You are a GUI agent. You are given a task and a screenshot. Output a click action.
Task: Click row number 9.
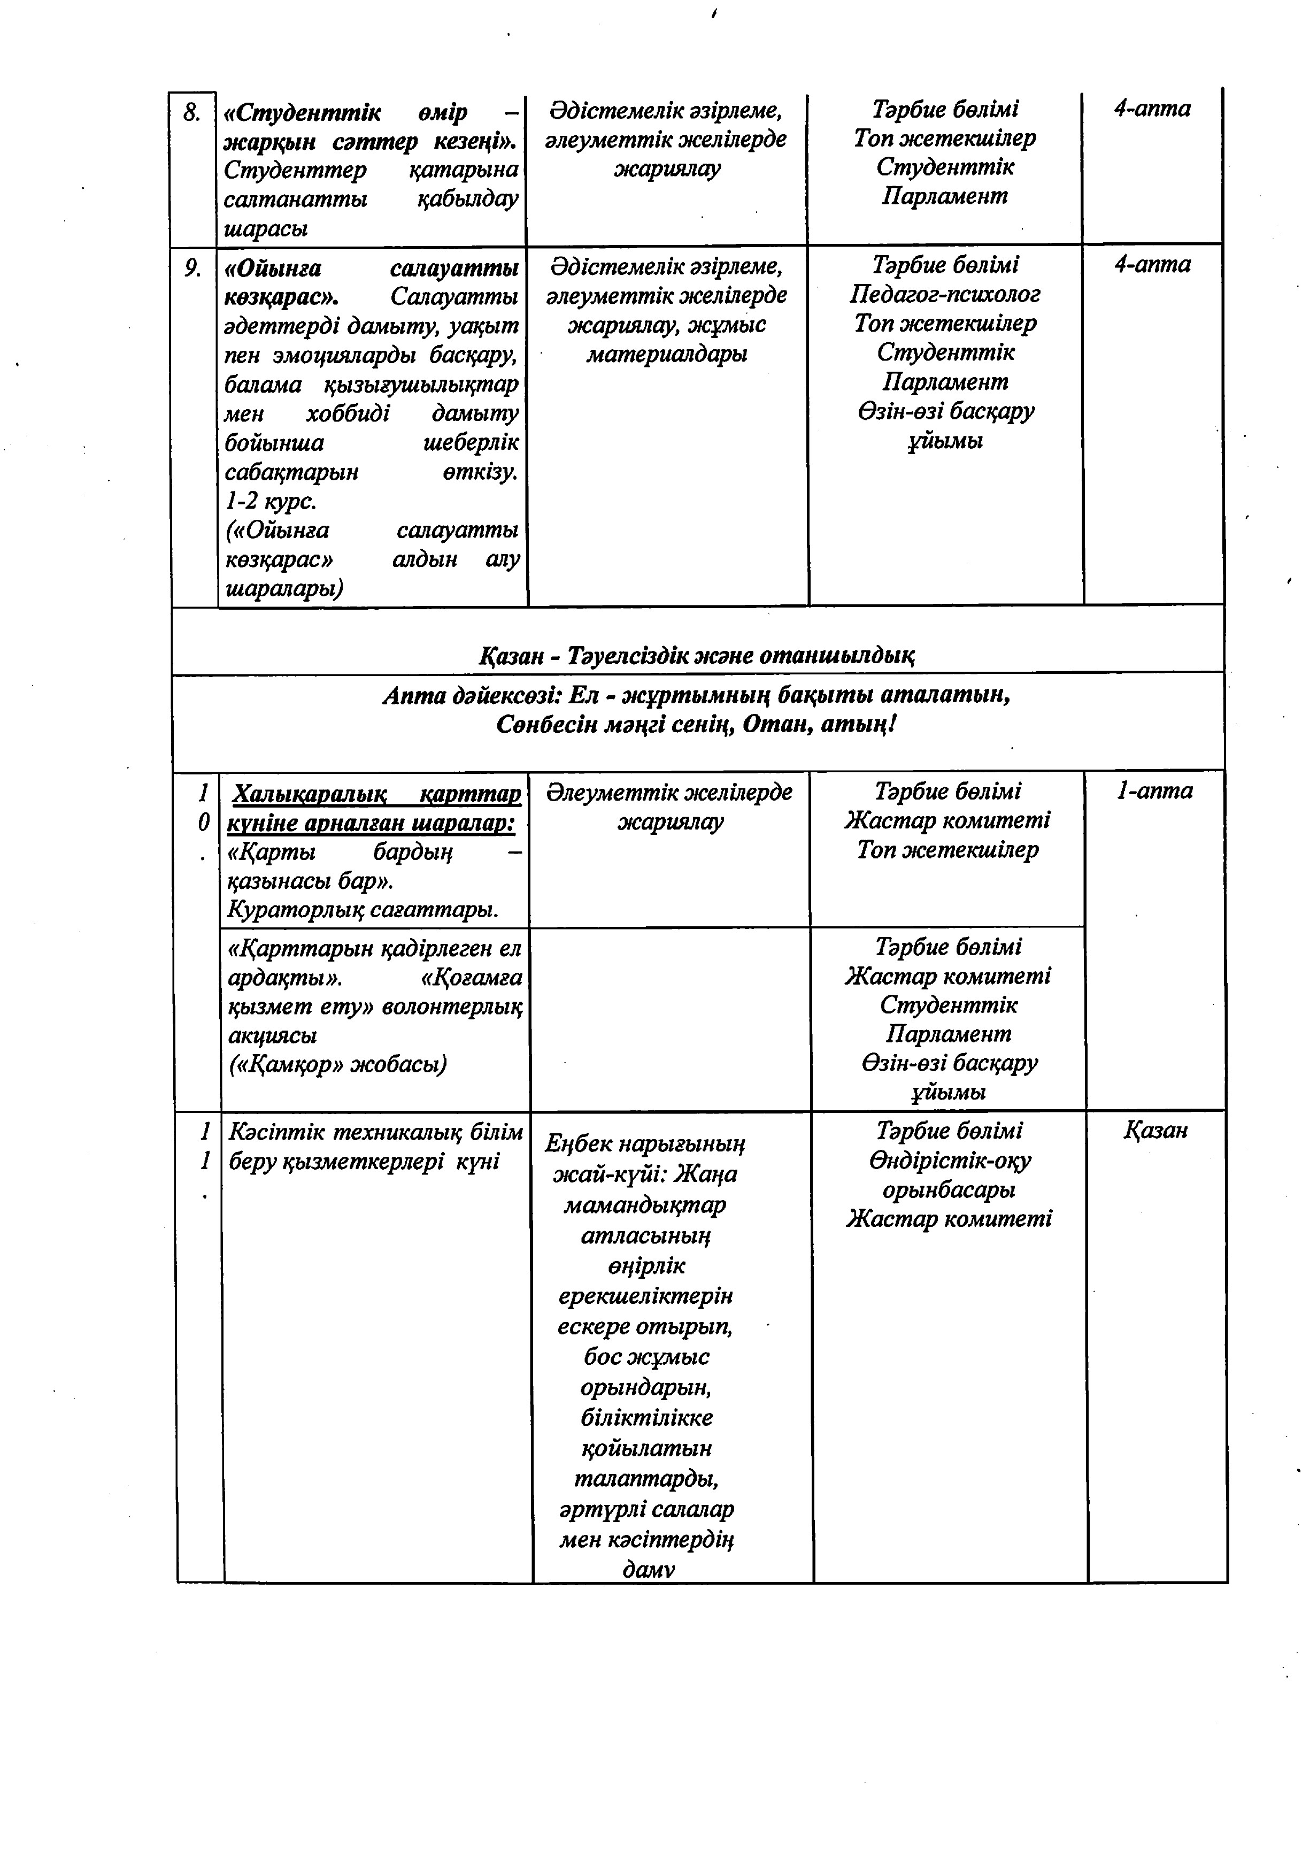tap(192, 268)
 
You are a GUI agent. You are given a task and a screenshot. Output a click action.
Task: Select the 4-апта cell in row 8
tap(1151, 109)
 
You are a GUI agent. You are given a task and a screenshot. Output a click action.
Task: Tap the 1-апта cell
tap(1154, 791)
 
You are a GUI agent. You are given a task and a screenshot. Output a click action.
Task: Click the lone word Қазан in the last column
tap(1155, 1130)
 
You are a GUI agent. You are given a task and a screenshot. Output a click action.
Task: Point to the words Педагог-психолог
tap(944, 294)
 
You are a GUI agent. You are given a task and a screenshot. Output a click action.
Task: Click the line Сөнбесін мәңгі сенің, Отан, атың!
tap(697, 725)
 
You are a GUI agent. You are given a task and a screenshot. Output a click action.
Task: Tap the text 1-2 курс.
tap(270, 501)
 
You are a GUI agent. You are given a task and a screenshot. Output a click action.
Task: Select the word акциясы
tap(272, 1035)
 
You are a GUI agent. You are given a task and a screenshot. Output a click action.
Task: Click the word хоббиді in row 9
tap(348, 413)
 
